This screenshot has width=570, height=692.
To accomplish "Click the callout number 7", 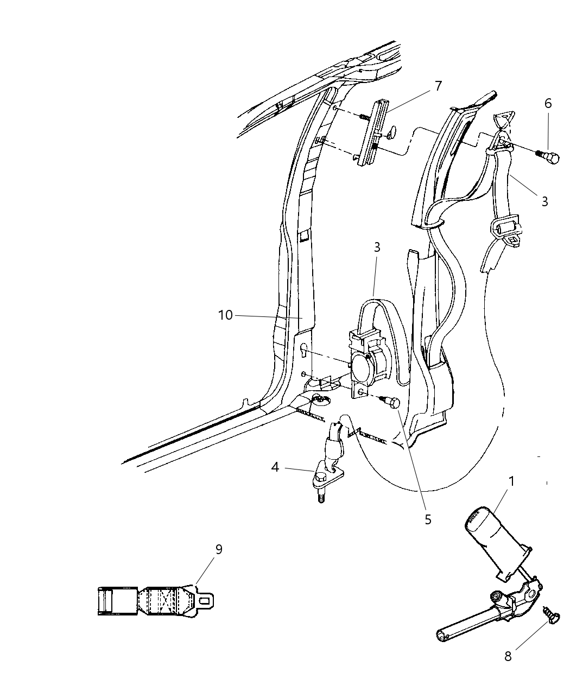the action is [438, 86].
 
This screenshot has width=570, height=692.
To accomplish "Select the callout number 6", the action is [548, 104].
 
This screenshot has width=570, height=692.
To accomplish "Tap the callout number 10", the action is [225, 315].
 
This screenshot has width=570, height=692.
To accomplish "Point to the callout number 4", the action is [275, 468].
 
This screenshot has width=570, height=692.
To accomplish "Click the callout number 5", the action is [428, 519].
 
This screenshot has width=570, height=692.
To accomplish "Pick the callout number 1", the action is [511, 481].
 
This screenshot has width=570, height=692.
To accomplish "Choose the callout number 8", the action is [508, 656].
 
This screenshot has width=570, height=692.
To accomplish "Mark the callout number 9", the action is [219, 549].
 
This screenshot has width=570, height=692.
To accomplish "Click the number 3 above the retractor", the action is [377, 247].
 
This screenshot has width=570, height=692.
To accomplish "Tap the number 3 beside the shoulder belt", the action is [544, 201].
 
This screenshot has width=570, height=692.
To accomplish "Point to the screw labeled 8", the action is [551, 617].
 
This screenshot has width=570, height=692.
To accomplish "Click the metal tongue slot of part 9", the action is [205, 600].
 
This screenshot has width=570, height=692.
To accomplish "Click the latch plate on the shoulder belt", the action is [504, 230].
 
